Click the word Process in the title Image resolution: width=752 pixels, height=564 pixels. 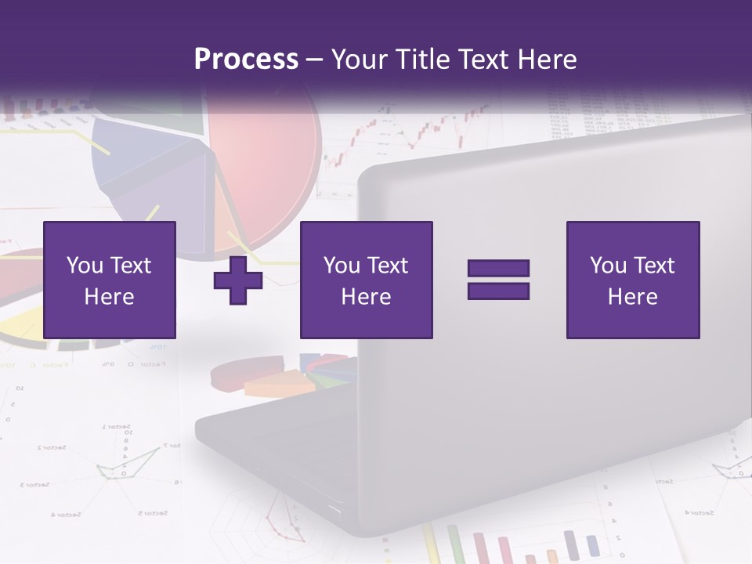click(246, 60)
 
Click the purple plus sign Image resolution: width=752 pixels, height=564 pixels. click(238, 280)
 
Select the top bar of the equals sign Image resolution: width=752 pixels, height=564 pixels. click(498, 268)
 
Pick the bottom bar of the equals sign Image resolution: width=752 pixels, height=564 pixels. click(498, 291)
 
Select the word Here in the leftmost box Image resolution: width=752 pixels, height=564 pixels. click(109, 297)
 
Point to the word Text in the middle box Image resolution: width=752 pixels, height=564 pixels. click(389, 266)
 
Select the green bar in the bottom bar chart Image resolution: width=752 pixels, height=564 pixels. click(454, 544)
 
